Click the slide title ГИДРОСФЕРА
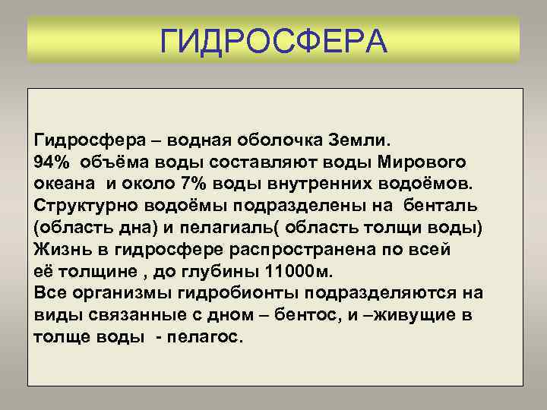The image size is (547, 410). tap(273, 39)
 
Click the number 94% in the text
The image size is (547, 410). tap(51, 162)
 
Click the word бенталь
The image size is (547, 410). tap(441, 206)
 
